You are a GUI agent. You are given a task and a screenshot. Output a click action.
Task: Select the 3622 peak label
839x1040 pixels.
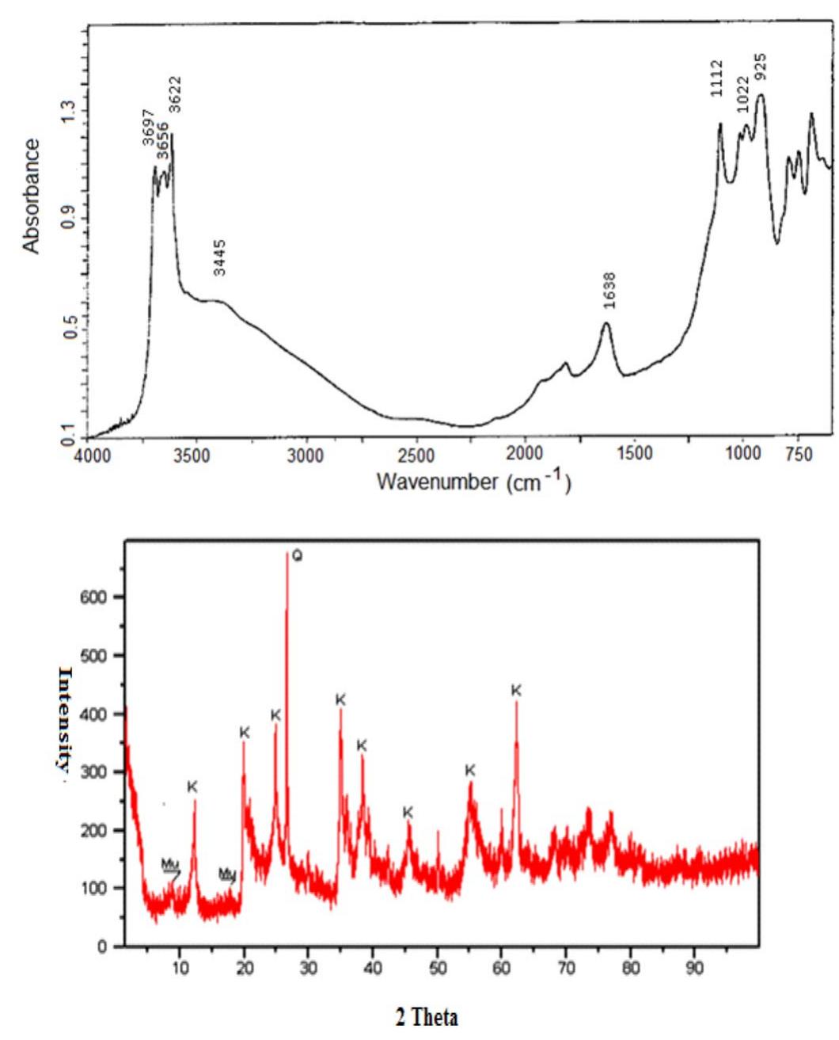point(175,94)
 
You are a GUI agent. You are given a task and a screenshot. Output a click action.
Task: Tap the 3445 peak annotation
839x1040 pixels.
point(220,257)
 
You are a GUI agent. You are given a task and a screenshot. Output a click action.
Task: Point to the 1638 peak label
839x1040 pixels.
point(609,291)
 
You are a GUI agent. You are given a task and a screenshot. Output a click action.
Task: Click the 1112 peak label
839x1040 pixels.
point(716,78)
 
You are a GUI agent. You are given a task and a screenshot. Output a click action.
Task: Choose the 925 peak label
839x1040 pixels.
point(760,68)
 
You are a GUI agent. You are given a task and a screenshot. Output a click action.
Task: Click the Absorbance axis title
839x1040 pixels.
point(31,196)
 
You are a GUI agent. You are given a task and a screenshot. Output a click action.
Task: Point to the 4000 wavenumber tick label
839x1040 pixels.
point(93,455)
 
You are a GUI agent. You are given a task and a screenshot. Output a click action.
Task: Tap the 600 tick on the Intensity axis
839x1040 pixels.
point(96,598)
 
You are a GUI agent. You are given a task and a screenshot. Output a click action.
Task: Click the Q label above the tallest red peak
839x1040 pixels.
point(297,556)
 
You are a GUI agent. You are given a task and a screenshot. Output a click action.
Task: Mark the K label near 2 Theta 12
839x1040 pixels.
point(192,787)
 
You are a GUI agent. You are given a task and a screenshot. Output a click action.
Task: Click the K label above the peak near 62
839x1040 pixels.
point(516,691)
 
